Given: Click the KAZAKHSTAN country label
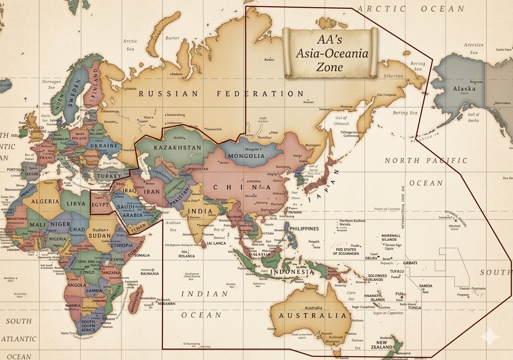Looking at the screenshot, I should (x=177, y=148).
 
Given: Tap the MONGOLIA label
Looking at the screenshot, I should (x=247, y=156).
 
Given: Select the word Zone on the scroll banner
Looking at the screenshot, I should (x=330, y=67).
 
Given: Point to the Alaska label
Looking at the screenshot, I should (x=464, y=89).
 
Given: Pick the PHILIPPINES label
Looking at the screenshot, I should (x=304, y=229).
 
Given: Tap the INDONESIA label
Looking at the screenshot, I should (x=293, y=272).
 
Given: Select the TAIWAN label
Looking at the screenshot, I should (x=294, y=212).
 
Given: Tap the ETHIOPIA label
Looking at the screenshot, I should (x=122, y=245).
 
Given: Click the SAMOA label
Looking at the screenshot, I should (x=426, y=286).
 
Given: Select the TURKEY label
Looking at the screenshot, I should (x=109, y=176).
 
